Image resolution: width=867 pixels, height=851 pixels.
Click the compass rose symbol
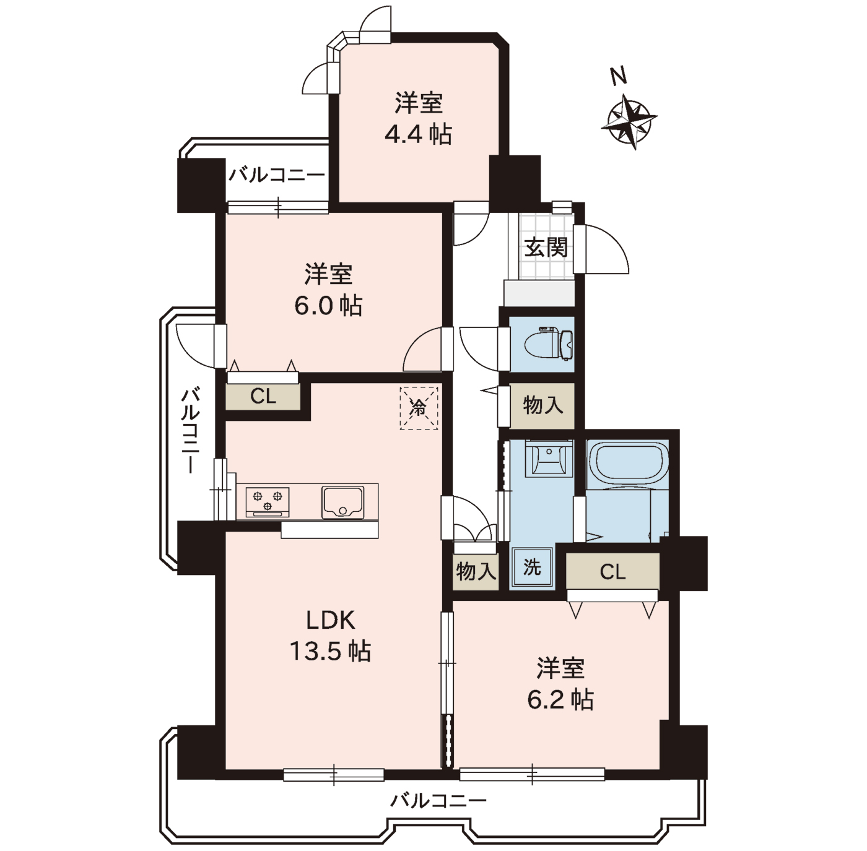point(629,121)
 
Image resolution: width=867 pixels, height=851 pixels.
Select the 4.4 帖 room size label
point(418,134)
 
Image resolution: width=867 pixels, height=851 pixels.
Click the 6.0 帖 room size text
point(328,306)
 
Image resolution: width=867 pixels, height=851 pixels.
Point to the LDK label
point(331,621)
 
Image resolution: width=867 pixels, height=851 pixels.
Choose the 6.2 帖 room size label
point(560,699)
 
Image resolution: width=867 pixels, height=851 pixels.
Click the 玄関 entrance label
point(546,247)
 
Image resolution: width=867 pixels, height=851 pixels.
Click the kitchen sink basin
point(342,502)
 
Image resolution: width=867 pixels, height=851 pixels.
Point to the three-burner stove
point(268,501)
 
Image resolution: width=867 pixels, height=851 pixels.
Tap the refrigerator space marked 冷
point(419,408)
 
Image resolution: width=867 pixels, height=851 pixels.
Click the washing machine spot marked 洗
point(532,568)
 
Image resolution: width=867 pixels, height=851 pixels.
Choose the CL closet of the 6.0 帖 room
point(263,396)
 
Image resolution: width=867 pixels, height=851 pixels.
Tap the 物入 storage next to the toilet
point(542,405)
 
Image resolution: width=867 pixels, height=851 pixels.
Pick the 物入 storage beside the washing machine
point(476,571)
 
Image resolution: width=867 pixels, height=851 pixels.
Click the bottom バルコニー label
point(438,799)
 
